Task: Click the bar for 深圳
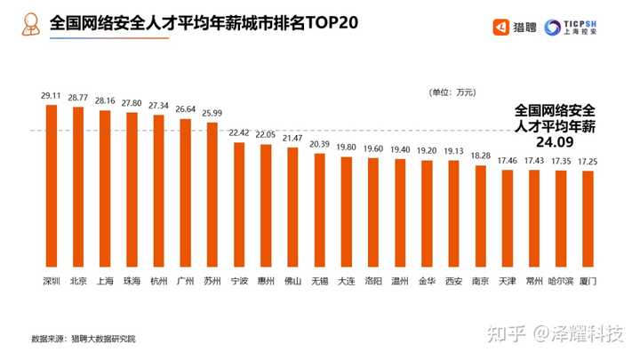pyautogui.click(x=51, y=187)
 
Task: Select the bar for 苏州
pyautogui.click(x=212, y=195)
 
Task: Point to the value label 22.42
pyautogui.click(x=238, y=132)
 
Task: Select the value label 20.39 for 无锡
pyautogui.click(x=319, y=144)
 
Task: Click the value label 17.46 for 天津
pyautogui.click(x=507, y=161)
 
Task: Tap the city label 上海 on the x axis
pyautogui.click(x=104, y=282)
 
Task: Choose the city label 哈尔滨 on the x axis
pyautogui.click(x=560, y=282)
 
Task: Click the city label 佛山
pyautogui.click(x=292, y=282)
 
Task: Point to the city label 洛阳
pyautogui.click(x=372, y=282)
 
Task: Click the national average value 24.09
pyautogui.click(x=556, y=140)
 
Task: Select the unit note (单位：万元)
pyautogui.click(x=453, y=92)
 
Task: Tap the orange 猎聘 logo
pyautogui.click(x=514, y=26)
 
